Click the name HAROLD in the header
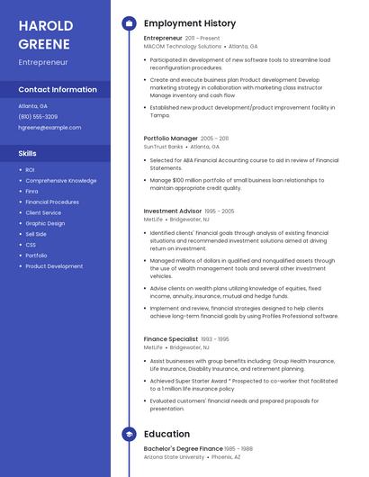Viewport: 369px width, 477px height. (45, 24)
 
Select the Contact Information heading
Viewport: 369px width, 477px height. (58, 90)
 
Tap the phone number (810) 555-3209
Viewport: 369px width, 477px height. (38, 116)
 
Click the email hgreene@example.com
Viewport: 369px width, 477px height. (49, 128)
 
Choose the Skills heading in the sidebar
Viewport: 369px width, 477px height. (28, 153)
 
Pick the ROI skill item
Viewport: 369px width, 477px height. (30, 169)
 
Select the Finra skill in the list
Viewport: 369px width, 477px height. (31, 191)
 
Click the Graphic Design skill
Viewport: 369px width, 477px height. (45, 223)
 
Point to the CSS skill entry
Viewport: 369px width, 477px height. (31, 245)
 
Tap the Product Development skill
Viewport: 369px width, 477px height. (54, 266)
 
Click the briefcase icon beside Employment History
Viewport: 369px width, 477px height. (129, 22)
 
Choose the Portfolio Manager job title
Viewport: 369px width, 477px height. (170, 139)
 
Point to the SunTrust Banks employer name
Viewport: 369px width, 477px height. (163, 146)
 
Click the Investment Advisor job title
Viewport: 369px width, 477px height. (173, 211)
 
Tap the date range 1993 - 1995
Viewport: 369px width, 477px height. (215, 339)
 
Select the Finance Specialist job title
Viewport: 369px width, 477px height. (170, 339)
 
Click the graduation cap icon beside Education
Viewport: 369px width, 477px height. (129, 434)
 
